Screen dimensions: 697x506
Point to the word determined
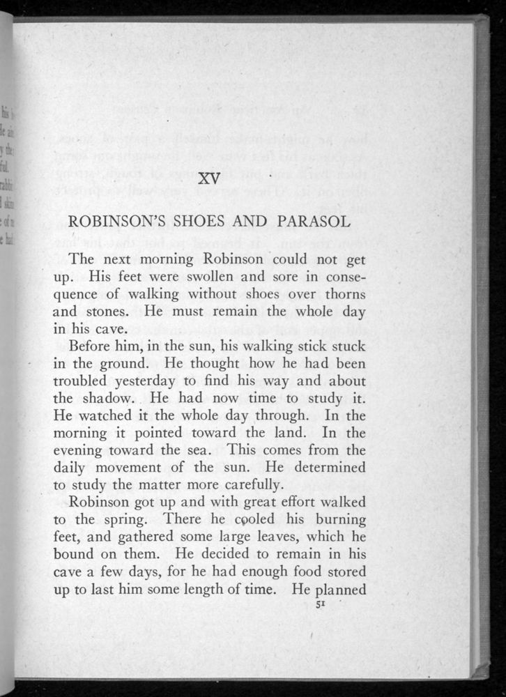coord(327,473)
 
